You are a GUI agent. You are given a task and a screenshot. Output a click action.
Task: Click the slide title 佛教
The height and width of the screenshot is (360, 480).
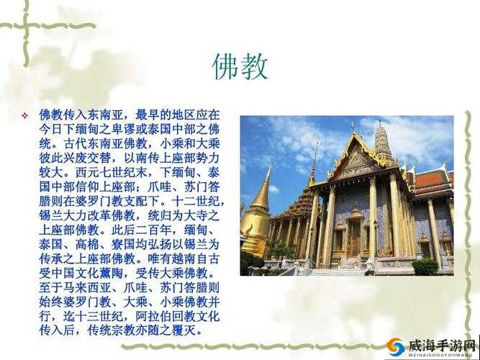click(x=240, y=66)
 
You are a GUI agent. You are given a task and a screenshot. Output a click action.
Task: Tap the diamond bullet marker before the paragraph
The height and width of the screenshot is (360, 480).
click(x=24, y=115)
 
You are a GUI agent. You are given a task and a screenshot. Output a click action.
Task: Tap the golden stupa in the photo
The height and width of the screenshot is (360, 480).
click(x=256, y=215)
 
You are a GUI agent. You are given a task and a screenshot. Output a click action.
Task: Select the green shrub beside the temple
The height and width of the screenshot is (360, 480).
click(x=425, y=266)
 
